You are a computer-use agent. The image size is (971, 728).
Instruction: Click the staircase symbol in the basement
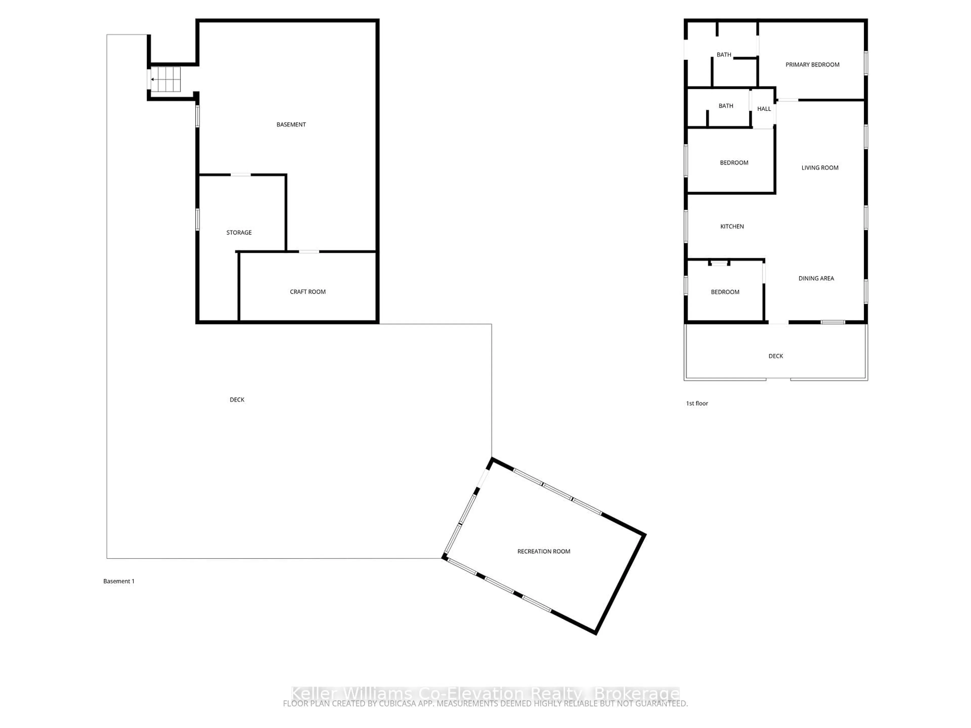click(x=165, y=79)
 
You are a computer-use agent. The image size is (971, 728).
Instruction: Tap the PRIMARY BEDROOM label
click(x=812, y=64)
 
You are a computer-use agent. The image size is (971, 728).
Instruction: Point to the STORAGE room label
click(x=239, y=233)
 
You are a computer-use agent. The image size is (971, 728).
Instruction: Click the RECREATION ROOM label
click(x=543, y=552)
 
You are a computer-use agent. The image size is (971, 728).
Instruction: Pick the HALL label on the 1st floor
click(x=764, y=109)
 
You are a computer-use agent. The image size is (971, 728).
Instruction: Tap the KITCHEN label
click(x=732, y=226)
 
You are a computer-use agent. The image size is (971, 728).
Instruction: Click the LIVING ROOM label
click(x=820, y=168)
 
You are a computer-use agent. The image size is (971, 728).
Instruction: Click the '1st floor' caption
click(x=697, y=403)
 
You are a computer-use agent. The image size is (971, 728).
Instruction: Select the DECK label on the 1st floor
click(x=776, y=356)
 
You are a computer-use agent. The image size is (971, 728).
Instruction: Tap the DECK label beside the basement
click(x=237, y=400)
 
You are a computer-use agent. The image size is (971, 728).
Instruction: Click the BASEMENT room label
click(x=291, y=125)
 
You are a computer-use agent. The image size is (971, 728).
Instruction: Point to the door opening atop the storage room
click(x=240, y=175)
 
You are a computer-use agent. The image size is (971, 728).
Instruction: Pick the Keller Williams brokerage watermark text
click(x=485, y=694)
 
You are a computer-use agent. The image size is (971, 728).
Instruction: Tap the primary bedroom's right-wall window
click(x=866, y=63)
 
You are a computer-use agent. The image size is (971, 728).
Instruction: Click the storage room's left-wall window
click(x=197, y=219)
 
